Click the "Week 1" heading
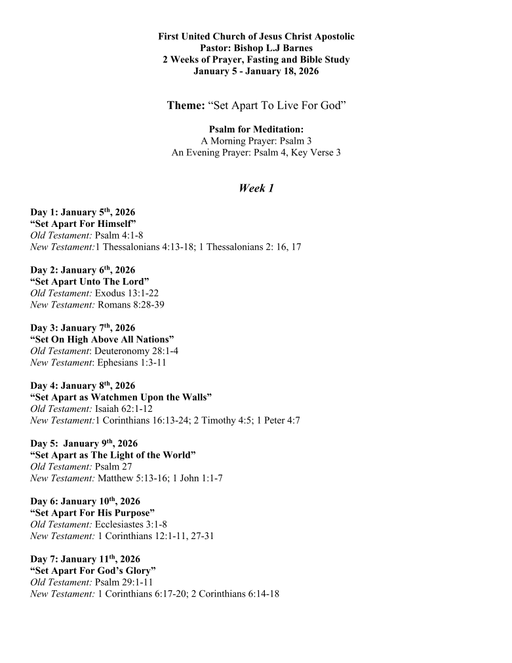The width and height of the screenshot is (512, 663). coord(256,189)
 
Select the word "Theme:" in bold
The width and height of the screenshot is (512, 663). coord(186,106)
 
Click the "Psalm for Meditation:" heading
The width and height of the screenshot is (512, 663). coord(256,129)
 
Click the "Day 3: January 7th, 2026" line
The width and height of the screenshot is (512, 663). coord(83,328)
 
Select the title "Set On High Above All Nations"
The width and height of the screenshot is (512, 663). coord(102,340)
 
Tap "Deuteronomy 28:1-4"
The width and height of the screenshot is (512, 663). coord(136,351)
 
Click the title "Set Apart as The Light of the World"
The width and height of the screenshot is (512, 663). coord(113,455)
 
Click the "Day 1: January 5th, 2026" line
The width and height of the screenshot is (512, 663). coord(83,212)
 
